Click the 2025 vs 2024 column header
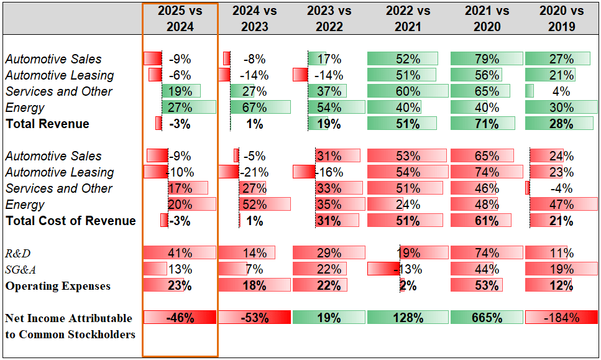180,19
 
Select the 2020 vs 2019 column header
561,19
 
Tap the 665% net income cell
487,318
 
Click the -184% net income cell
561,318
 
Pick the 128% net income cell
408,318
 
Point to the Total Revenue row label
47,124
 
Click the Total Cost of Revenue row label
70,221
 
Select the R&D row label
17,254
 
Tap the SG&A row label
21,270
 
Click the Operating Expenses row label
58,286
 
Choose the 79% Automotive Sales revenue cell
487,58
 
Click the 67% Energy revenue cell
254,108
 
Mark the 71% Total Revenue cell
487,124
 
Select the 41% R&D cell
180,253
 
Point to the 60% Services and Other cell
408,91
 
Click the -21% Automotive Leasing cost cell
254,172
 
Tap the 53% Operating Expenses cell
487,285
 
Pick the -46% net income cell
180,318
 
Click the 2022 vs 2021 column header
408,19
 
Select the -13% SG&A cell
408,269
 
